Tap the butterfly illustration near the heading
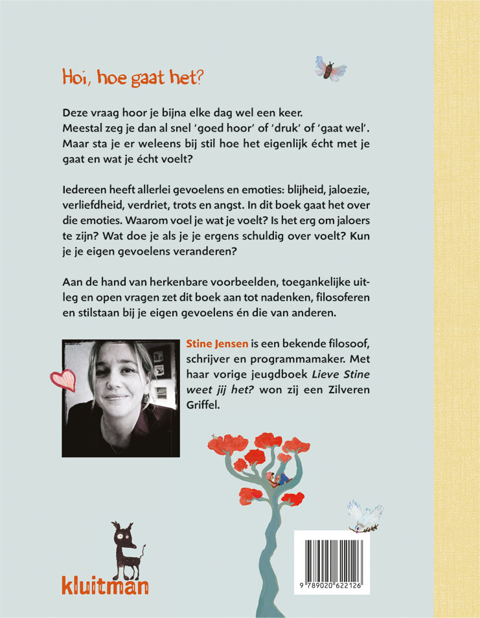coord(330,68)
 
